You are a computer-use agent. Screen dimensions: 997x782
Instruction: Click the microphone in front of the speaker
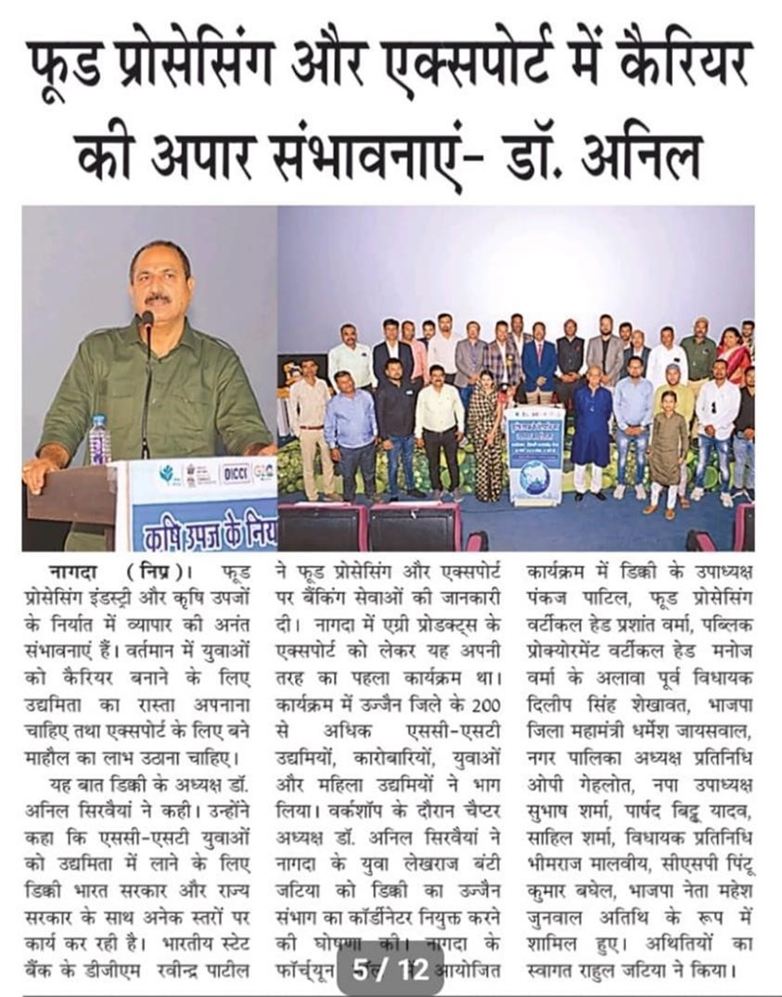click(147, 321)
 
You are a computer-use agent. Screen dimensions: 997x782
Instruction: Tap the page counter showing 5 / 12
click(390, 970)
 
